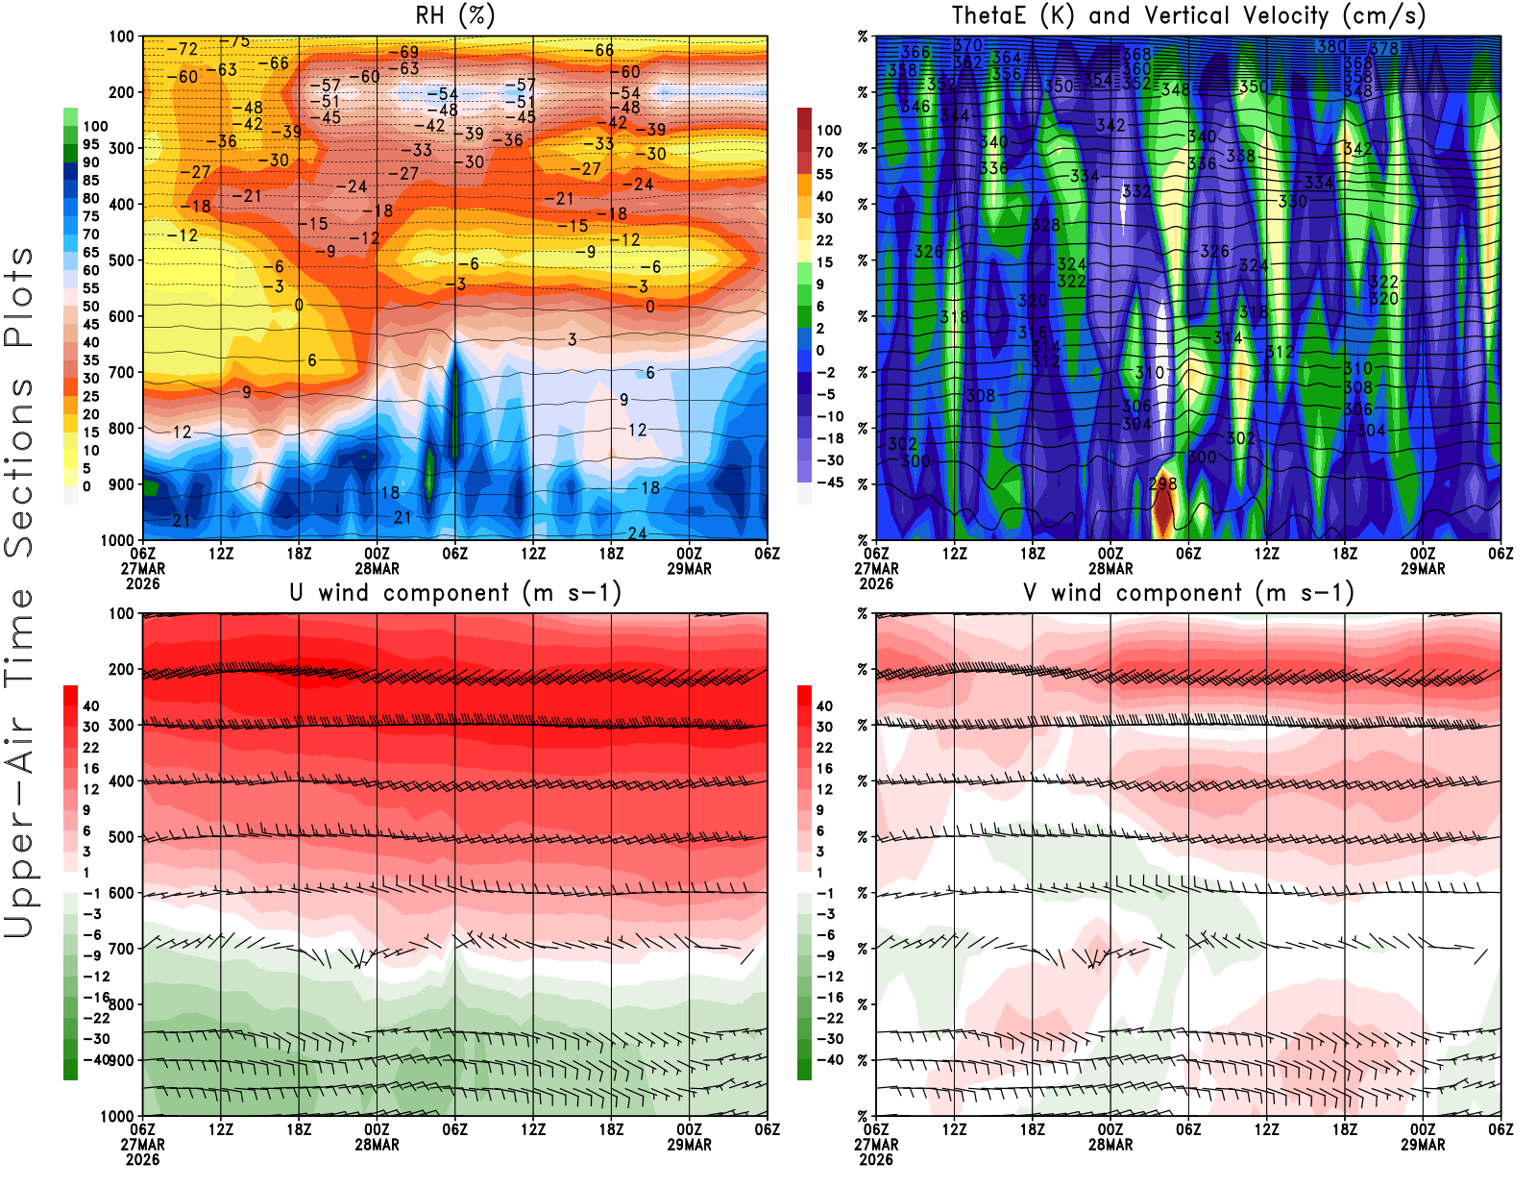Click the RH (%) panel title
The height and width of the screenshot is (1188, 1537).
coord(454,15)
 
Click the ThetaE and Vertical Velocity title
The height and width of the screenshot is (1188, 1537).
coord(1188,15)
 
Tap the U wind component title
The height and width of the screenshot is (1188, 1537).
coord(455,592)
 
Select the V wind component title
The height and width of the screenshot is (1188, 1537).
coord(1188,592)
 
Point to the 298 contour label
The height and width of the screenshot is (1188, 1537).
coord(1163,483)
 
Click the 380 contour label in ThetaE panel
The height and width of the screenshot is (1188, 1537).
coord(1331,46)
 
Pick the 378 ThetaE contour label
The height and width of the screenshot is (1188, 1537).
coord(1384,48)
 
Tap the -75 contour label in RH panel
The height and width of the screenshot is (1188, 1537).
coord(235,41)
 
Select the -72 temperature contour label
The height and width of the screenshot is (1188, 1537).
coord(183,49)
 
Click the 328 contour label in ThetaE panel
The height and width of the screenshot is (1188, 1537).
coord(1046,225)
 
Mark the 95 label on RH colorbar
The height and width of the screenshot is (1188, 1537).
coord(90,144)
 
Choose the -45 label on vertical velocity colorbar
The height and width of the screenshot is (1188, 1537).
coord(829,483)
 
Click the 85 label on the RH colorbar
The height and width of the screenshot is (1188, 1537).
coord(90,180)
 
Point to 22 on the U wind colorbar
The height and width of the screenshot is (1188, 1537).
coord(90,748)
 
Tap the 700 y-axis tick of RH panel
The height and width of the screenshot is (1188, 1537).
coord(121,372)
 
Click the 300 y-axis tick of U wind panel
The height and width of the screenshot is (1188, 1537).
coord(121,725)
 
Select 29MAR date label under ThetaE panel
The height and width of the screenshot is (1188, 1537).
coord(1423,569)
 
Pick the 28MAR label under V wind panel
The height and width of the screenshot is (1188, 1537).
coord(1110,1145)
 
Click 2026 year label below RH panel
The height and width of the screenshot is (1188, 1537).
coord(142,583)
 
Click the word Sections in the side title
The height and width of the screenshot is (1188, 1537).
coord(19,467)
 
